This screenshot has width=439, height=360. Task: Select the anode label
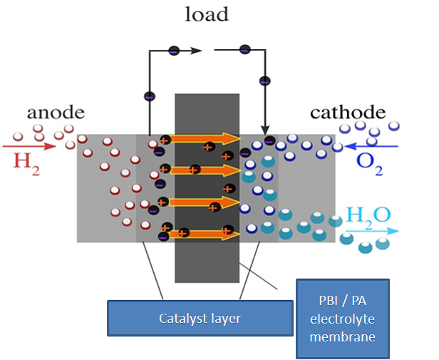56,113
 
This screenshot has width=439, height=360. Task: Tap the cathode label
348,113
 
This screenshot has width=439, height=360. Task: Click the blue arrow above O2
370,146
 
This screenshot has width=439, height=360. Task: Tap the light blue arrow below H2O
371,231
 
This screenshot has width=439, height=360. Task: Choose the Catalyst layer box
200,319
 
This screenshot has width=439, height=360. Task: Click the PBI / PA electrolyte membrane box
343,317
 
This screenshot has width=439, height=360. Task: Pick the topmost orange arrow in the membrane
207,139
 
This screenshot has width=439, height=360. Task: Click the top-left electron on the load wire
173,51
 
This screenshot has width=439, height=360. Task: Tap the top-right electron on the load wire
244,50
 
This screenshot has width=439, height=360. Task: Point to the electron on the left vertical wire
149,96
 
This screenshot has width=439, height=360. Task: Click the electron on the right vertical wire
265,81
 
